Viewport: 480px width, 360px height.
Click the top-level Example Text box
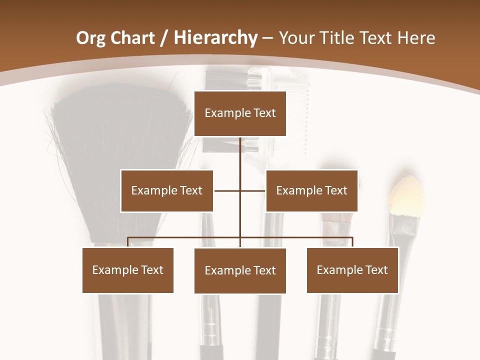click(x=240, y=113)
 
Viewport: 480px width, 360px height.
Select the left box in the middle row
click(x=166, y=190)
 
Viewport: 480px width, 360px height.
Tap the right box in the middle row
click(x=311, y=190)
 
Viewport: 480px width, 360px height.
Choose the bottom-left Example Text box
click(x=127, y=270)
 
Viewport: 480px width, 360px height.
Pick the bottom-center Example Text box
click(x=240, y=270)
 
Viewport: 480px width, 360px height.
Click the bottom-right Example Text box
click(x=352, y=270)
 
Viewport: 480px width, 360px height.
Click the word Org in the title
click(x=90, y=38)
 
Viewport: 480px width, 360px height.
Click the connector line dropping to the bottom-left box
click(x=128, y=242)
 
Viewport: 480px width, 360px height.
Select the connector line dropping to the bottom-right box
click(x=352, y=242)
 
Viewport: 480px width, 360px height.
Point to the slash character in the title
click(x=164, y=38)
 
